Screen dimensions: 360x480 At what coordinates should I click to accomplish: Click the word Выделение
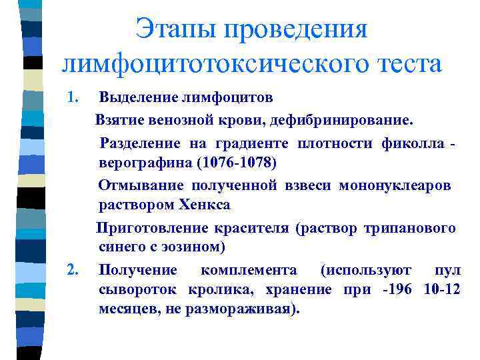click(137, 98)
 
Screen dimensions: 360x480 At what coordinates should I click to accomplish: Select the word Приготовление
click(152, 228)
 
